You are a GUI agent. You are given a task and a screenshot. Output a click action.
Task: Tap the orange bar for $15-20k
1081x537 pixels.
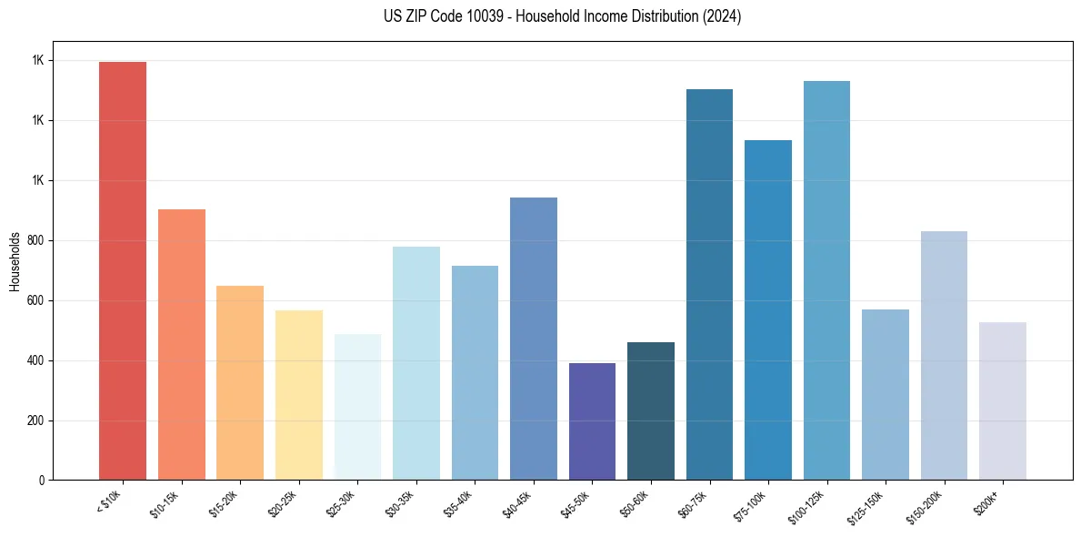point(240,382)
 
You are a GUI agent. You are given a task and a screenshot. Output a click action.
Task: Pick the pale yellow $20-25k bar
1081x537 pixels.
point(299,395)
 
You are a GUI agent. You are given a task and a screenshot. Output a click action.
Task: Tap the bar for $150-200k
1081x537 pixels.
point(944,355)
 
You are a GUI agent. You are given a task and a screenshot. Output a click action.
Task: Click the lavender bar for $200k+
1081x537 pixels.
point(1003,400)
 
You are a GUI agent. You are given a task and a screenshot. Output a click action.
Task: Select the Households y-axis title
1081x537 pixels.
point(15,261)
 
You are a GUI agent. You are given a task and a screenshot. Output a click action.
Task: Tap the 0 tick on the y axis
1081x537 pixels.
point(42,481)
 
